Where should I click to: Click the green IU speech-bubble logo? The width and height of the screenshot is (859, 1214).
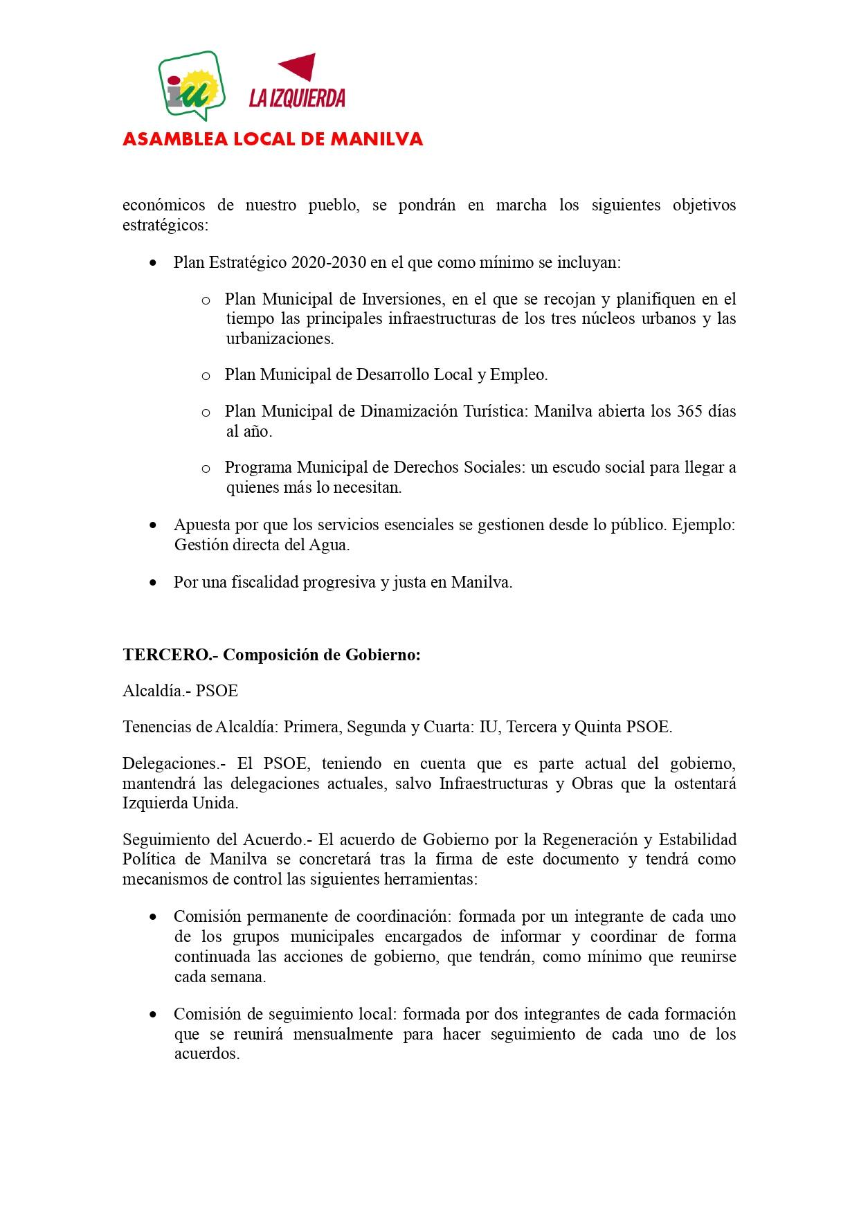point(192,86)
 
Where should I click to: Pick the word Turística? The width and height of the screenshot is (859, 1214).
point(494,411)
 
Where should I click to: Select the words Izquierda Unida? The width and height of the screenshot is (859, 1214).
point(180,804)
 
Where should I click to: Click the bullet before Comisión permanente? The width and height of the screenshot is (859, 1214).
point(153,917)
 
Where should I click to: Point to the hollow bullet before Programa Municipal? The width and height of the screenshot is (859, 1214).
point(206,469)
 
